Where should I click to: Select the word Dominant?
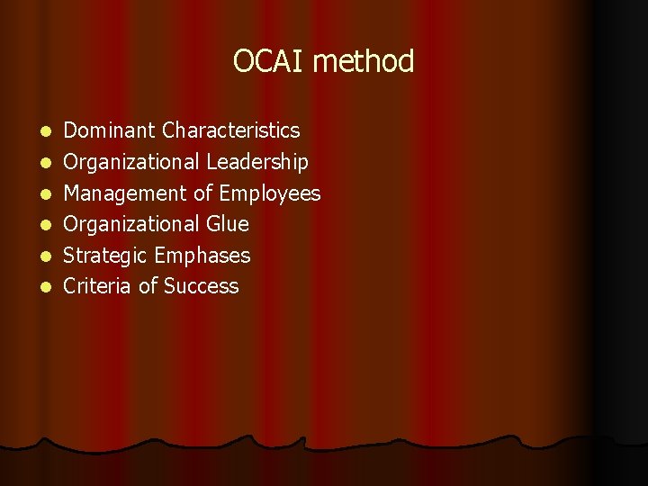(110, 130)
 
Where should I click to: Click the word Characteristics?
(231, 130)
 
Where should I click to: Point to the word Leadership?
(257, 162)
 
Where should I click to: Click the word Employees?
(270, 193)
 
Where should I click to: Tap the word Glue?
(228, 224)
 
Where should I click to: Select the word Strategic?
(106, 256)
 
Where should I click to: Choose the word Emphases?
(202, 256)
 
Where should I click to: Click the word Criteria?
(97, 286)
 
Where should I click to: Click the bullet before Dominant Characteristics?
(47, 131)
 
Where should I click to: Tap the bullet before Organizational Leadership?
(47, 163)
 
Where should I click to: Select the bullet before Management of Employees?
(47, 194)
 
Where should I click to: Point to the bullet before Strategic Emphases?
(47, 256)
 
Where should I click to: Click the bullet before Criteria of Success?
(47, 287)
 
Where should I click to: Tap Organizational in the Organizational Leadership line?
(132, 162)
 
